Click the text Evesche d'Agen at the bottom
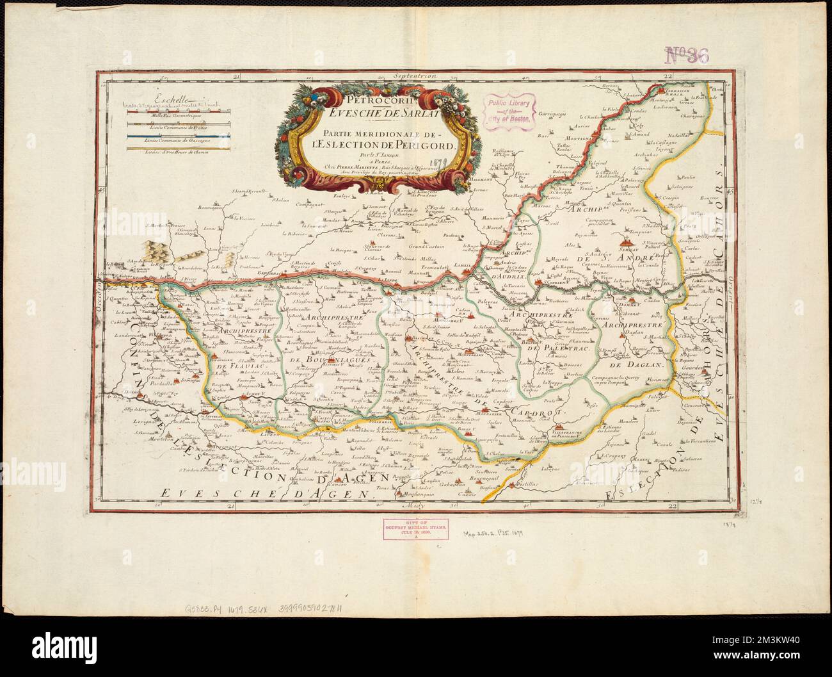pyautogui.click(x=266, y=493)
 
